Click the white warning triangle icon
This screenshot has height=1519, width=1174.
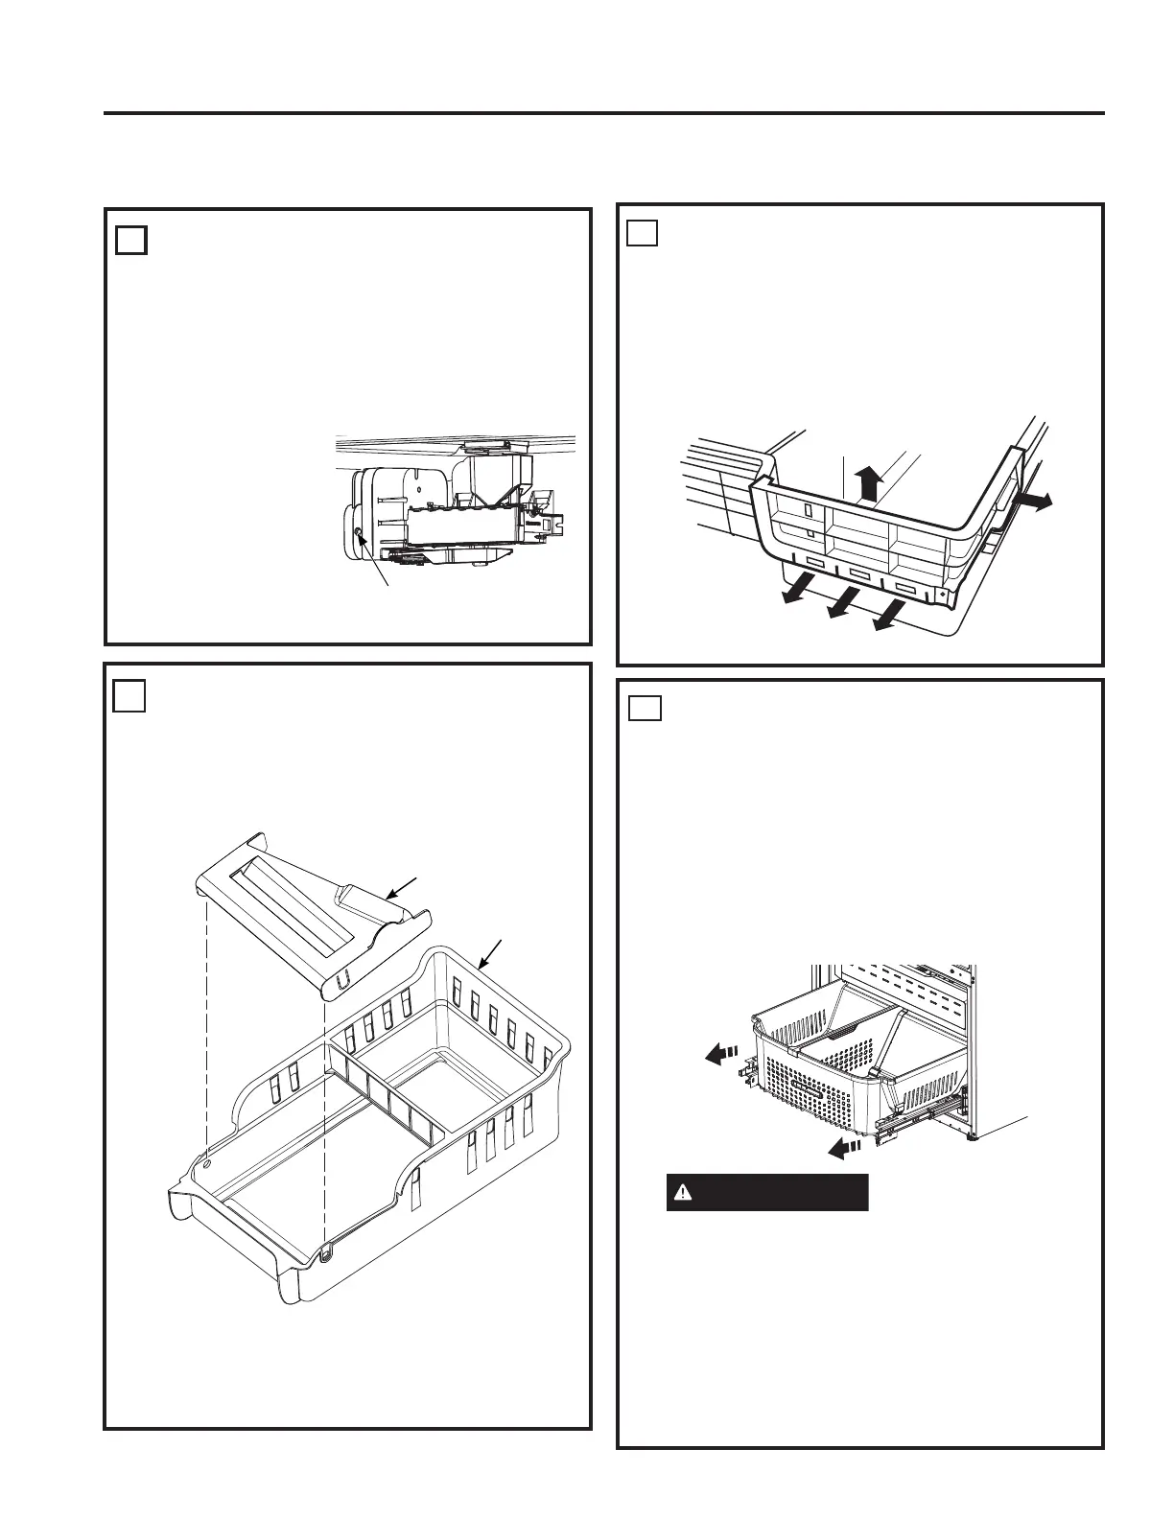tap(682, 1193)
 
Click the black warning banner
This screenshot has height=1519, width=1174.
tap(767, 1193)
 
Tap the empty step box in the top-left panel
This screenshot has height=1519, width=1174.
tap(131, 240)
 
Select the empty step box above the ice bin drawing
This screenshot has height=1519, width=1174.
tap(129, 696)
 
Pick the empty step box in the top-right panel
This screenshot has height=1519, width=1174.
tap(643, 233)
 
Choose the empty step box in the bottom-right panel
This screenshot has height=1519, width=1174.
tap(644, 708)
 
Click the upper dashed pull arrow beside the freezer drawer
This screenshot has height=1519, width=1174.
tap(716, 1054)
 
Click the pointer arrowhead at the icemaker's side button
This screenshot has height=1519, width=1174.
tap(361, 538)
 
